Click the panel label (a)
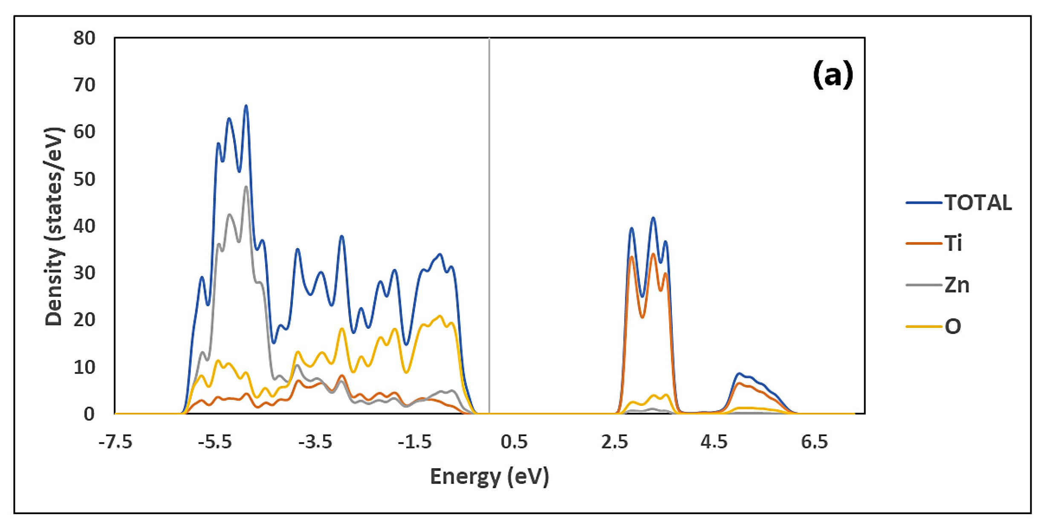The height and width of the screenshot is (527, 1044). click(x=833, y=74)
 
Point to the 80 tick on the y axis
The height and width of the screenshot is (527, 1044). click(x=84, y=38)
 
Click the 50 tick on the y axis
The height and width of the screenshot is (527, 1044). click(x=84, y=179)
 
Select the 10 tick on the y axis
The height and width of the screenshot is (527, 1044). click(x=84, y=367)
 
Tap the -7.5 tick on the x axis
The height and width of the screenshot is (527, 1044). click(x=115, y=442)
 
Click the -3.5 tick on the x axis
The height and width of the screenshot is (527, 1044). click(x=315, y=442)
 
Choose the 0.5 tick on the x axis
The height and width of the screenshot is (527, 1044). click(x=514, y=442)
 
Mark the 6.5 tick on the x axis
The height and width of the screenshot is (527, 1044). click(x=814, y=442)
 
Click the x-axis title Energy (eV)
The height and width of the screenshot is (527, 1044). click(x=489, y=477)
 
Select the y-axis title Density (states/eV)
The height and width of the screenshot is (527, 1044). click(x=54, y=226)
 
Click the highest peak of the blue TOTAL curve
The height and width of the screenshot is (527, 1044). click(x=246, y=106)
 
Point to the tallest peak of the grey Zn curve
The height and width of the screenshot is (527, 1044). click(x=246, y=187)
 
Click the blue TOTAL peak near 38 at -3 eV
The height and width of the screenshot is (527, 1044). click(x=341, y=236)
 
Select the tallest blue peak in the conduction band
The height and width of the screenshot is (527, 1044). click(x=653, y=218)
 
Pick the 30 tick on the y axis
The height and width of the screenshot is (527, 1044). click(x=84, y=273)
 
